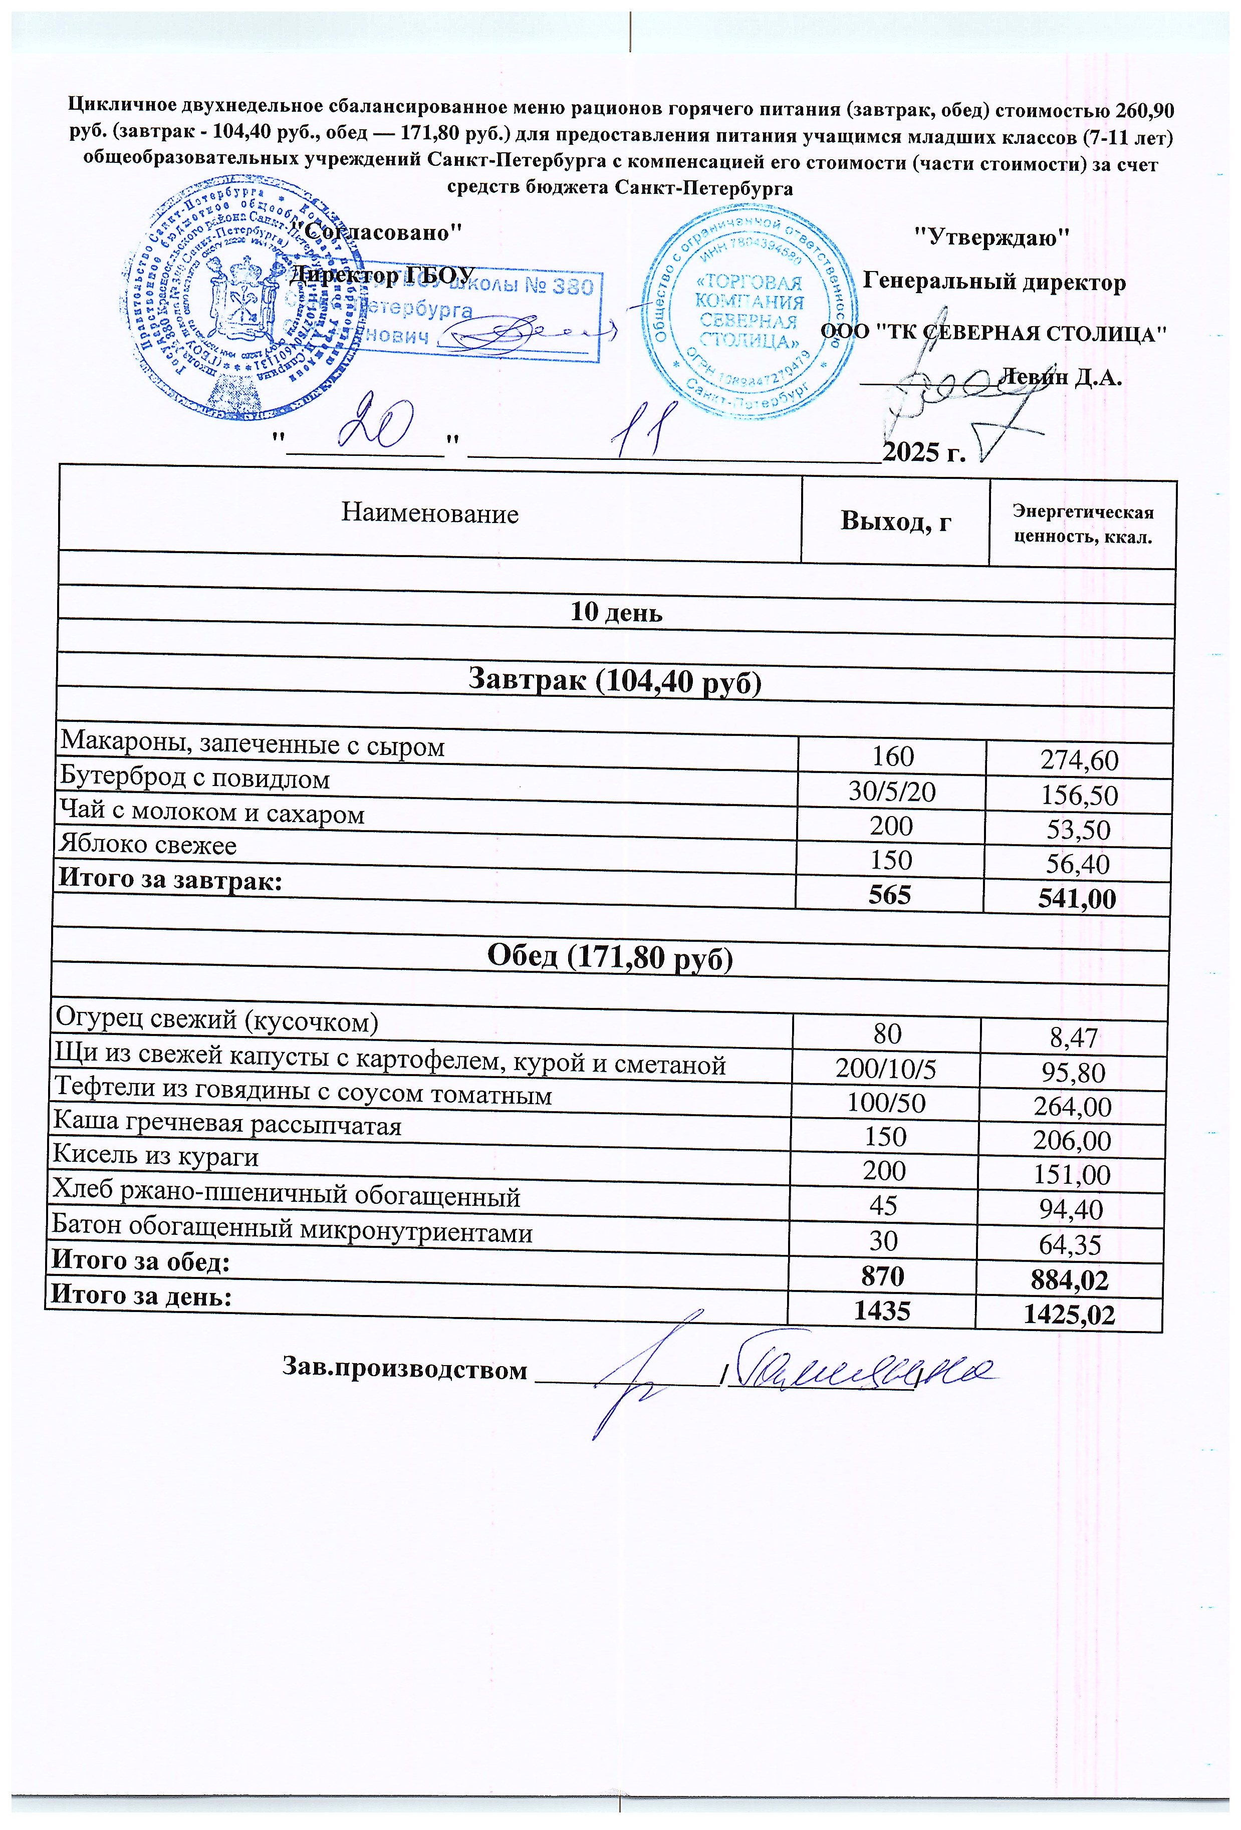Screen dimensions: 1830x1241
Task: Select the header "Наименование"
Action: pyautogui.click(x=430, y=514)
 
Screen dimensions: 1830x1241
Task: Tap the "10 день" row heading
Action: pyautogui.click(x=616, y=613)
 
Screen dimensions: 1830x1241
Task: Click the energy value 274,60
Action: pyautogui.click(x=1079, y=760)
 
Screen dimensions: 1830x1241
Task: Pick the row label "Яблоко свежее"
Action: pyautogui.click(x=148, y=846)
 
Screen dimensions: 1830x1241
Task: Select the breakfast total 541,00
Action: pyautogui.click(x=1077, y=898)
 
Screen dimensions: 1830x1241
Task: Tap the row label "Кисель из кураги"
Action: pyautogui.click(x=155, y=1156)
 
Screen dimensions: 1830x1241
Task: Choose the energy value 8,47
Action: pyautogui.click(x=1073, y=1037)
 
